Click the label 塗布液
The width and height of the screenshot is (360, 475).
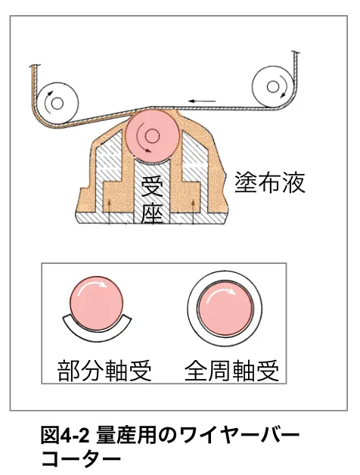point(270,182)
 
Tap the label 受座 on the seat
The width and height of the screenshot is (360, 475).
point(152,199)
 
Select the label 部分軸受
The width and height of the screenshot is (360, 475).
point(104,370)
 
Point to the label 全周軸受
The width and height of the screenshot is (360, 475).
point(232,370)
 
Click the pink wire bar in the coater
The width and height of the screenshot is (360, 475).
point(152,136)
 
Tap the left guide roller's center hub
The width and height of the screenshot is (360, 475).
point(57,104)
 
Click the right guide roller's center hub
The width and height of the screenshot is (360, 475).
point(273,87)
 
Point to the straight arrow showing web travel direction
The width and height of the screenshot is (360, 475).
point(202,101)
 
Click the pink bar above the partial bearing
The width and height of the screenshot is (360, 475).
point(96,303)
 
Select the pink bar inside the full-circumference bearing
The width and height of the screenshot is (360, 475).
point(225,309)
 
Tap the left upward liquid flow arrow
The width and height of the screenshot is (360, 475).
point(109,212)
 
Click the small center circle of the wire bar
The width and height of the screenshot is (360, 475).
point(152,136)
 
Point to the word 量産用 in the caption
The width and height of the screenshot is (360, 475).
point(126,436)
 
